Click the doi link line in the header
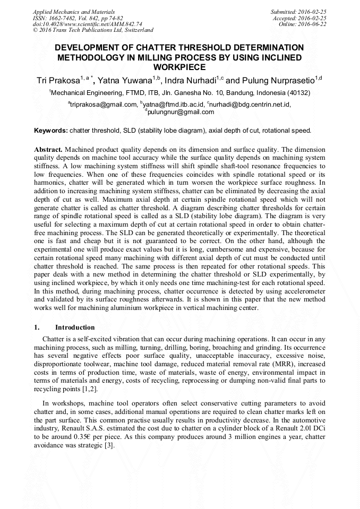click(88, 24)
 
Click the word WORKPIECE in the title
click(180, 67)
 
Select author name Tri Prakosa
click(57, 81)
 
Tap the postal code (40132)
click(298, 93)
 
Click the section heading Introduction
click(75, 327)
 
